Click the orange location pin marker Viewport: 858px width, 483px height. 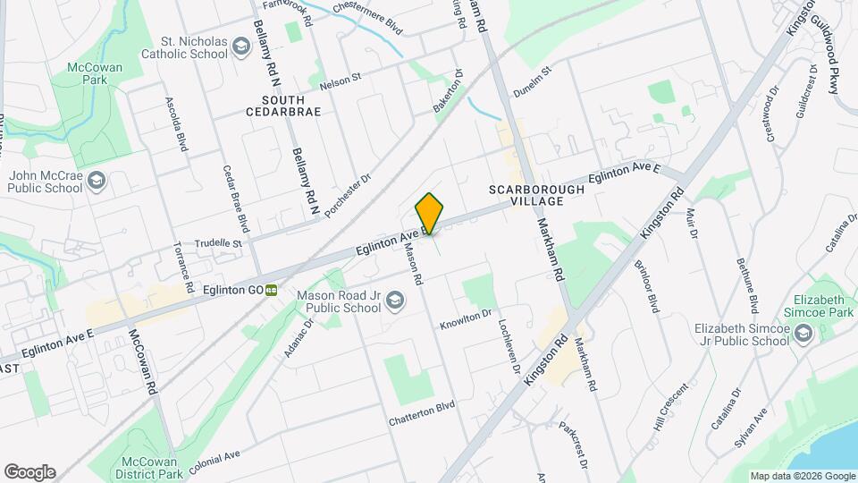tap(429, 213)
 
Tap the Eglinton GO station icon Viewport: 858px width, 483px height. tap(270, 290)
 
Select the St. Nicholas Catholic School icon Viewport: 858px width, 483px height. tap(240, 46)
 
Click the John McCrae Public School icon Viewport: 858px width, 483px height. tap(97, 182)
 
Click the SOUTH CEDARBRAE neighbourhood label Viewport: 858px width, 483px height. tap(289, 106)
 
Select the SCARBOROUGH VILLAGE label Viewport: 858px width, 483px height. tap(536, 195)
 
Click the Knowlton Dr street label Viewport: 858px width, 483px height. tap(466, 320)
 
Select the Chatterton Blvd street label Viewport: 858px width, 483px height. tap(422, 412)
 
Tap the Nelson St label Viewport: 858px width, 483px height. tap(340, 80)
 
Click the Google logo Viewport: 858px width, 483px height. tap(29, 471)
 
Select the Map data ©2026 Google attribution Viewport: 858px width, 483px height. tap(801, 476)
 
